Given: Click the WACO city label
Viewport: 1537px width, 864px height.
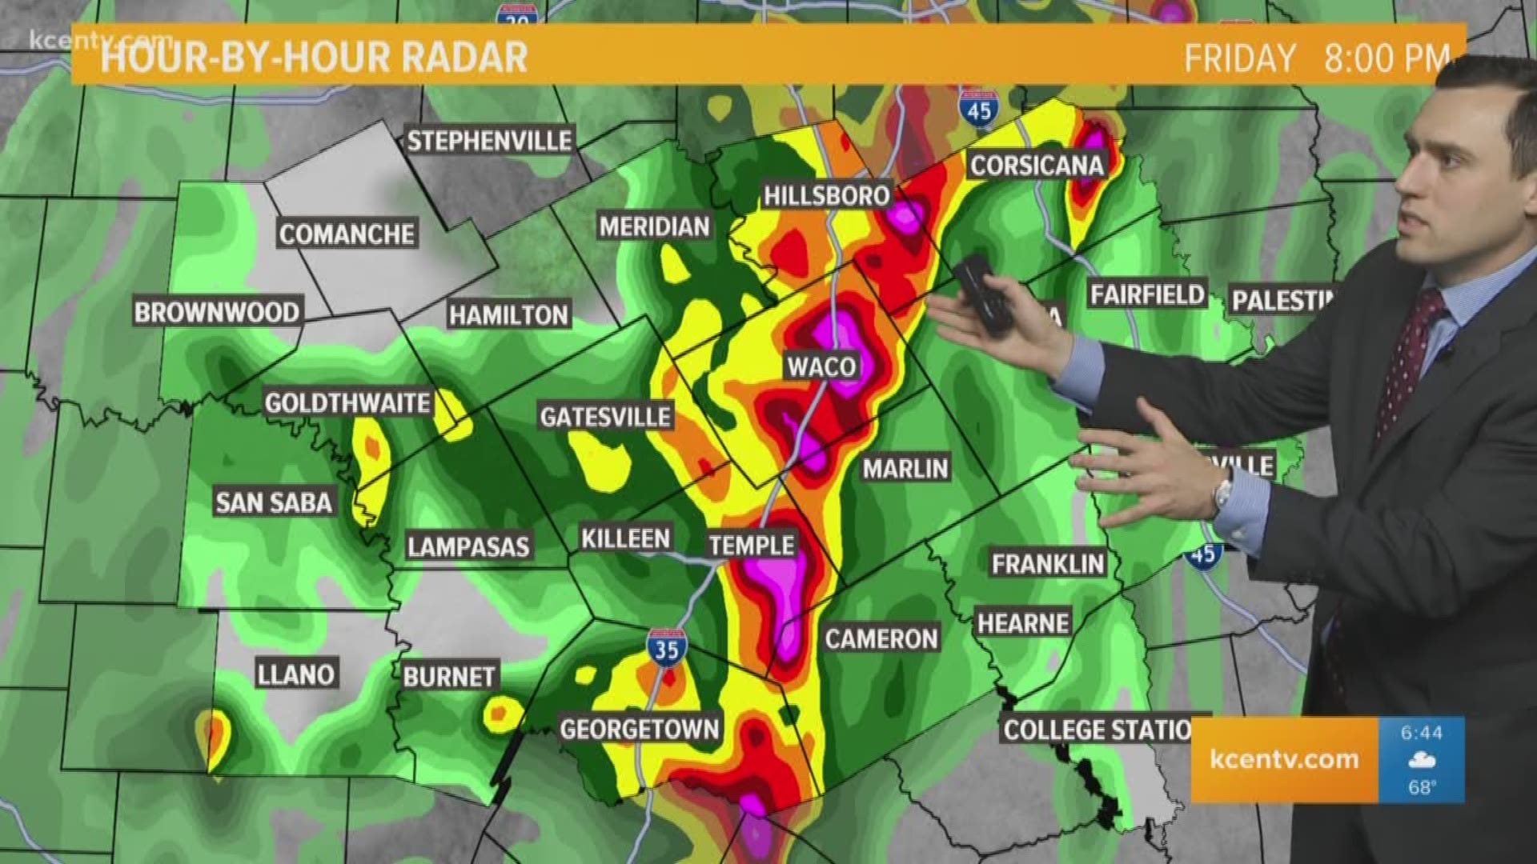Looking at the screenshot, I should coord(821,367).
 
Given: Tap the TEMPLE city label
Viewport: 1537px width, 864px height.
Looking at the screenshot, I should coord(752,546).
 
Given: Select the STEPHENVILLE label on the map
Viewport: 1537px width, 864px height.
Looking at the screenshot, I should coord(489,142).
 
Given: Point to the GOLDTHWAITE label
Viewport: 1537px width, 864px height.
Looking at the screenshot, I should coord(347,402).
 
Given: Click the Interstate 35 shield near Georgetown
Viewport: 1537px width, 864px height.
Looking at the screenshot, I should coord(666,646).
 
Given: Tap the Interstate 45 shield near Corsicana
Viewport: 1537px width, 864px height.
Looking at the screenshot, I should coord(978,108).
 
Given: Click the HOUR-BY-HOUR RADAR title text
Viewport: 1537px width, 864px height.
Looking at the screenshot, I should coord(314,58).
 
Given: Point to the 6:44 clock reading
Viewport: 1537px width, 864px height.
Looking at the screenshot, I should coord(1422,733).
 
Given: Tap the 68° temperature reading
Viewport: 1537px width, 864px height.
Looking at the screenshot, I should coord(1421,787).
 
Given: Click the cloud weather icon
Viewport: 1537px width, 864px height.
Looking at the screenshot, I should coord(1422,760).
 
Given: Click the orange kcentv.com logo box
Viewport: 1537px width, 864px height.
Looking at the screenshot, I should coord(1284,759).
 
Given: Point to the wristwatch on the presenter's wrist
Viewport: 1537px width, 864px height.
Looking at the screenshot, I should coord(1222,491).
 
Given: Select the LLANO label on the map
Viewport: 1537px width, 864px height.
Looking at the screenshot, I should coord(295,674).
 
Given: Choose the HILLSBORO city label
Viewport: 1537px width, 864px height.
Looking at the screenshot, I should coord(826,195).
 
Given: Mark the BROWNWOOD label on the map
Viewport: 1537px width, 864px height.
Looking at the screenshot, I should coord(217,312).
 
